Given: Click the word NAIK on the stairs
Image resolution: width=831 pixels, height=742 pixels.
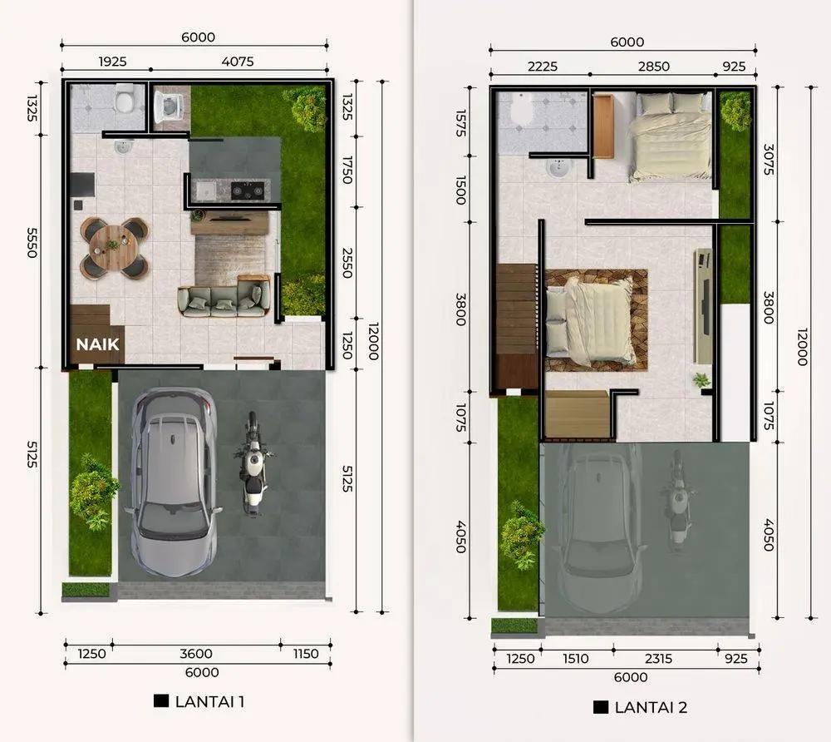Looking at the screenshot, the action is (97, 344).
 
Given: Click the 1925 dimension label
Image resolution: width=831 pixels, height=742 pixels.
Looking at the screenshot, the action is (112, 62).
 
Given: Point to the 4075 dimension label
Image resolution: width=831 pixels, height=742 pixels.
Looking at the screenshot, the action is (238, 62).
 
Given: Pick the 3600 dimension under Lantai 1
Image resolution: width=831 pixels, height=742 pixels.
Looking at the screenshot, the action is (196, 654).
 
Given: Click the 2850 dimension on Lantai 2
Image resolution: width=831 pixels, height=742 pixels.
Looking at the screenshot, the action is (654, 67).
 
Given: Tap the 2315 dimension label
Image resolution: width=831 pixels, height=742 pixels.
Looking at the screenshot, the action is (658, 659).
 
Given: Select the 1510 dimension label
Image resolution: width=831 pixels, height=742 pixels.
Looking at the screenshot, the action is (576, 659).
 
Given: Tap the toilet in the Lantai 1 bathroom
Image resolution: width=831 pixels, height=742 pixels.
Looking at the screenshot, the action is (125, 99).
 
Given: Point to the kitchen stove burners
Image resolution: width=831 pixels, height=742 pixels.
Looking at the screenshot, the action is (248, 190).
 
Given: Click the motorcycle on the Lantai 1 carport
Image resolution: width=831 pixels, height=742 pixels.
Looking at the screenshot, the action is (253, 463).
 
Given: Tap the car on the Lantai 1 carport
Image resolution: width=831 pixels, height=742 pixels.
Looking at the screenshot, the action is (174, 482).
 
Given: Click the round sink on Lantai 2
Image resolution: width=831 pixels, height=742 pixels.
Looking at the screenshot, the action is (558, 168).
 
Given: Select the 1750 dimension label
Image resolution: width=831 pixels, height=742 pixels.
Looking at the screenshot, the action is (347, 170).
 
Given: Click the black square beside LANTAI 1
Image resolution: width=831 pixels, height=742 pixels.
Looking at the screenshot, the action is (161, 700).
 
